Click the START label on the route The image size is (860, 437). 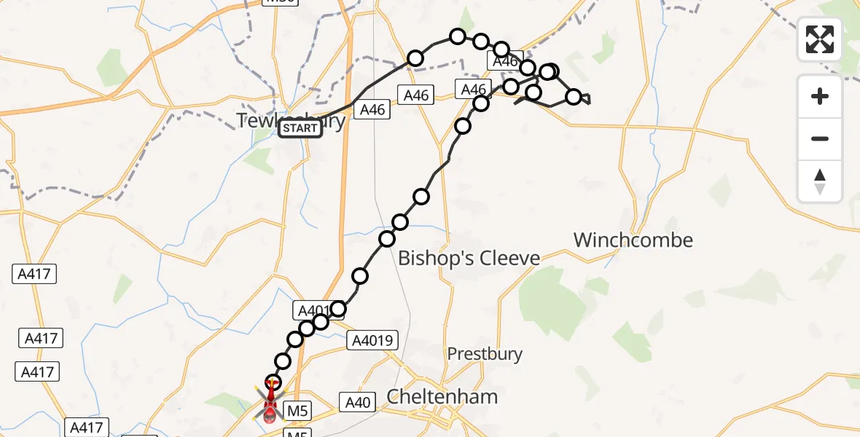coord(300,129)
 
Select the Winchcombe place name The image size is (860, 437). coord(633,240)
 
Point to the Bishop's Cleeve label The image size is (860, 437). coord(469,258)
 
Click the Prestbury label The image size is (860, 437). coord(485,354)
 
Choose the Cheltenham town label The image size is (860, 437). coord(442,396)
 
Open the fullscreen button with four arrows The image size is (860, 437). coord(820,39)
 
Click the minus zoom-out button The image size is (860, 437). coord(820,139)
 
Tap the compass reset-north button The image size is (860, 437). coord(820,181)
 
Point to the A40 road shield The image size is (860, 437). coord(357,402)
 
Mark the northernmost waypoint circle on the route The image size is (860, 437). coord(457,36)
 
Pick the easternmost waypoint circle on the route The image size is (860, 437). coord(574,97)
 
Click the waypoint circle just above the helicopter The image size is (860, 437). coord(273,382)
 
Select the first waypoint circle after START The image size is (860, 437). coord(415,58)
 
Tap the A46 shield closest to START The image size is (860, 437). coord(372,109)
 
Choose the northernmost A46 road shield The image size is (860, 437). coord(505,63)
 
